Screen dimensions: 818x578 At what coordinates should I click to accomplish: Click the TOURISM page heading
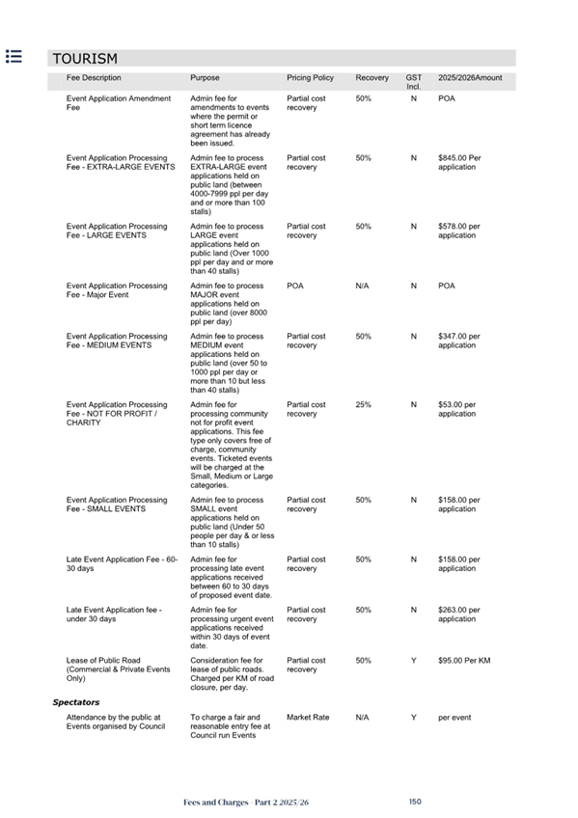85,59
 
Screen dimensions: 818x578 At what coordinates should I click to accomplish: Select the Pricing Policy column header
310,78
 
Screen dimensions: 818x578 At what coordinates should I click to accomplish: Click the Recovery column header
372,78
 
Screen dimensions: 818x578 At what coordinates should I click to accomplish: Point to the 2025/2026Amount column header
470,78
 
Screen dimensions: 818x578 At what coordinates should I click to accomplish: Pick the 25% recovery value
364,405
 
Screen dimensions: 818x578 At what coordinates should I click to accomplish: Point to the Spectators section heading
76,702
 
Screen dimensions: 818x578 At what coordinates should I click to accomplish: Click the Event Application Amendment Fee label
118,103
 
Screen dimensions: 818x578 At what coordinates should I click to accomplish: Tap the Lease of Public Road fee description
118,669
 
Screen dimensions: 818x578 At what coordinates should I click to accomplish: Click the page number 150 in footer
415,802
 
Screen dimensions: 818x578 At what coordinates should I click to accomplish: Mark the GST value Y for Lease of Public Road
413,661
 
